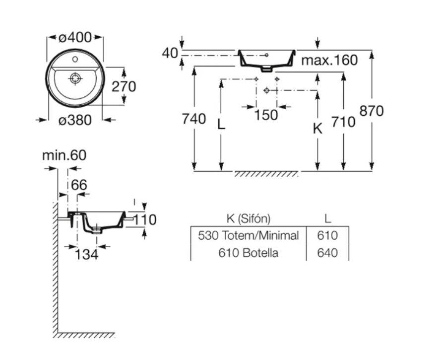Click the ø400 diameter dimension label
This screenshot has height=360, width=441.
(75, 37)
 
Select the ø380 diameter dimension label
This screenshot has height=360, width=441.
(75, 120)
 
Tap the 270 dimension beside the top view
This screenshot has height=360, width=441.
(124, 86)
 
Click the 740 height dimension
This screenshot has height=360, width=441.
(194, 119)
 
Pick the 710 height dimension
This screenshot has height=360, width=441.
(343, 122)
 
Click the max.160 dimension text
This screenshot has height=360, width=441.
(329, 61)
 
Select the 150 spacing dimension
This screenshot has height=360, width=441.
(266, 115)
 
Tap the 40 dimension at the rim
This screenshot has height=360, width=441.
(170, 53)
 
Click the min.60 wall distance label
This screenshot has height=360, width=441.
(64, 155)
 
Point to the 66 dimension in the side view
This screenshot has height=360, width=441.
(79, 185)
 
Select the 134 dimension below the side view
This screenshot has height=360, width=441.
(86, 254)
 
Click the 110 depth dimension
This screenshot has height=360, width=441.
(145, 219)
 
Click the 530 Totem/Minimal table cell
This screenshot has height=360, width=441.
(248, 235)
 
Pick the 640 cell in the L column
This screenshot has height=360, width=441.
(327, 253)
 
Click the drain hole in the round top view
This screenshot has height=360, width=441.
(75, 78)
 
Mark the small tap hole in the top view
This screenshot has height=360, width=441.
(75, 59)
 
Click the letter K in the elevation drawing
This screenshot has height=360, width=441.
(318, 129)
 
